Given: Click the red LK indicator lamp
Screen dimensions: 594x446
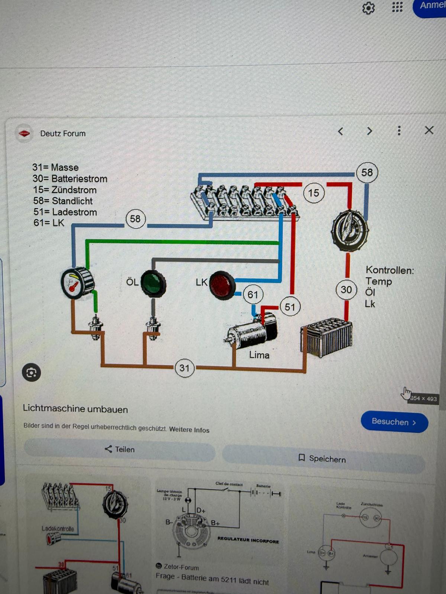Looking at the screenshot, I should [222, 285].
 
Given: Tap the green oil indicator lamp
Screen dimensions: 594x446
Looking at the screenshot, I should [153, 283].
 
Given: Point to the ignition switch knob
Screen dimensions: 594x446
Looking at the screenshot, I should [349, 229].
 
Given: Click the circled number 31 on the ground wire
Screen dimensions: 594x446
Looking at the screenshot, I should [184, 368].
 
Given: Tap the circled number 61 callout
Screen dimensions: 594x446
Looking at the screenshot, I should [253, 295].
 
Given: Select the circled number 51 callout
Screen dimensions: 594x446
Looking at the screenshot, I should [290, 307].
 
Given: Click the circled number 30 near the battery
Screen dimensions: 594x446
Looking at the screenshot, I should [346, 290].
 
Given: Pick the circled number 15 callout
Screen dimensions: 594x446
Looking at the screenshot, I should [313, 193].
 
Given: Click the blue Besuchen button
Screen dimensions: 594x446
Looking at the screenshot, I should [394, 422].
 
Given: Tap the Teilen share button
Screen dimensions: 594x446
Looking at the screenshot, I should [120, 449].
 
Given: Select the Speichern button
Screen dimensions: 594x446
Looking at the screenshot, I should [323, 458].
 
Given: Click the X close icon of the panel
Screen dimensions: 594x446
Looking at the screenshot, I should [429, 130].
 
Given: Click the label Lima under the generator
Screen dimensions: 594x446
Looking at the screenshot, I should [259, 355].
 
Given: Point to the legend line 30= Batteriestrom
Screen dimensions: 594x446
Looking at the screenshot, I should [70, 179].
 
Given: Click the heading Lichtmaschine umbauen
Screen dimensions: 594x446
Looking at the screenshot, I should [75, 409].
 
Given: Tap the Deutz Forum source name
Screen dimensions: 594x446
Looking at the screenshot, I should [63, 134].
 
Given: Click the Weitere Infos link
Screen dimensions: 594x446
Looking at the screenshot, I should [189, 430].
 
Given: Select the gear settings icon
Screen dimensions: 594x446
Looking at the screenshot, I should [368, 8].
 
